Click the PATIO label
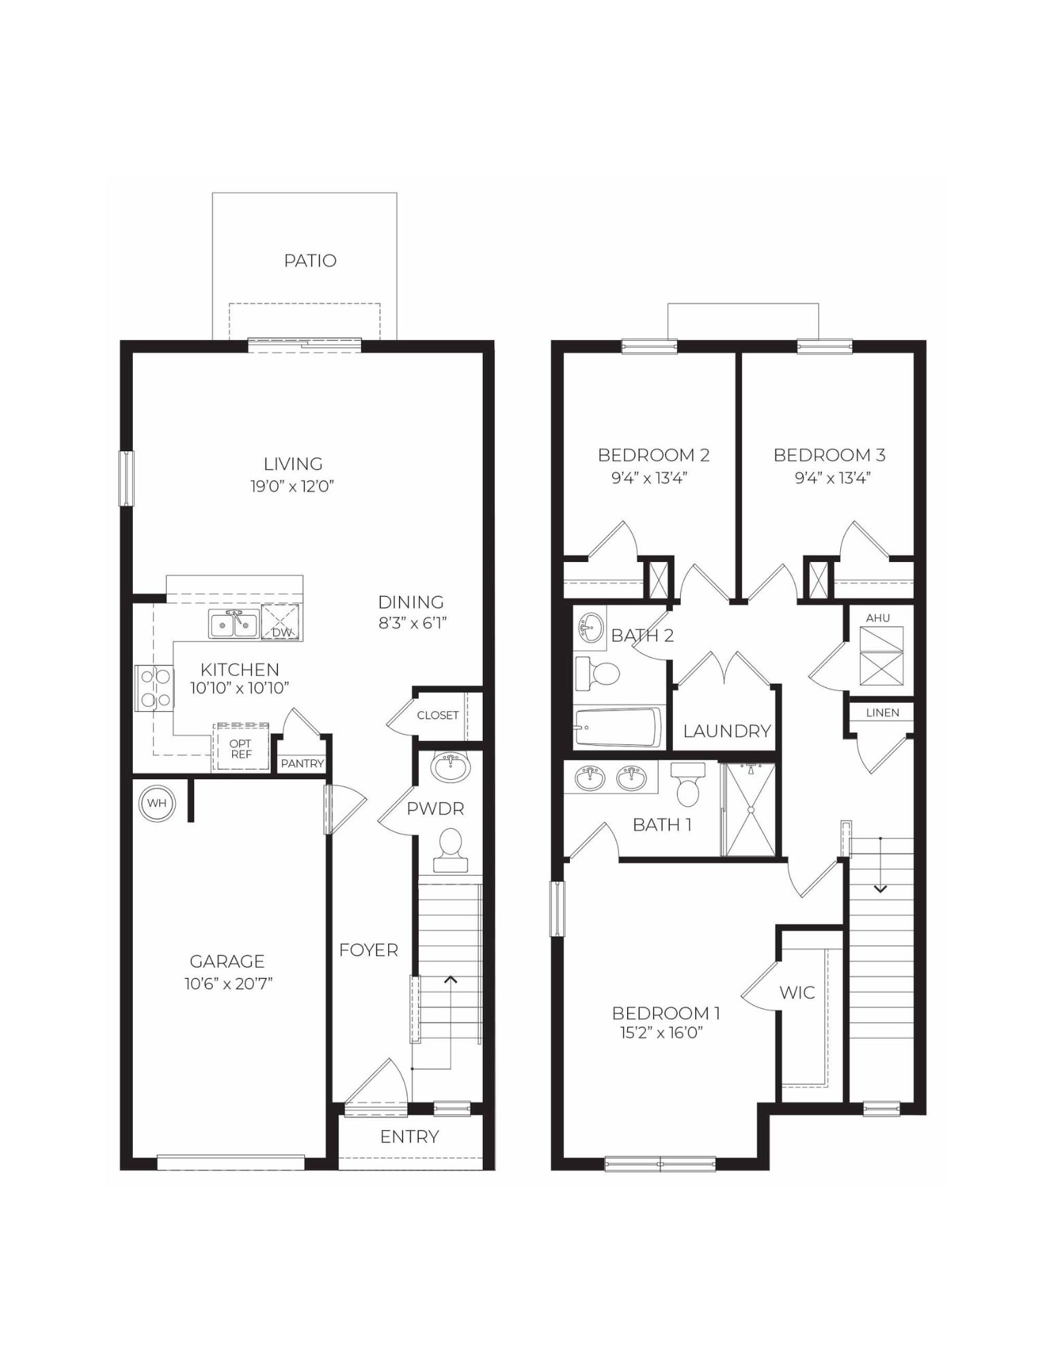310,261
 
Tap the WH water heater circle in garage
157,803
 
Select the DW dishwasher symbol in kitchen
281,623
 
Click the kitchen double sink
234,624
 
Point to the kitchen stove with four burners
155,688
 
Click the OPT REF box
240,749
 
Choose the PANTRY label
302,764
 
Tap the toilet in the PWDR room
450,851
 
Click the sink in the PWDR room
450,768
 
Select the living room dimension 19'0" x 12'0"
292,486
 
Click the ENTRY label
409,1136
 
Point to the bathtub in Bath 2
618,727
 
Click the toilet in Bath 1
688,785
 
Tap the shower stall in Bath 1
749,809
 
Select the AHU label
878,618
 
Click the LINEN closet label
882,712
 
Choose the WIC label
797,992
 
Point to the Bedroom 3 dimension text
833,478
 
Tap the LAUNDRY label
727,731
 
